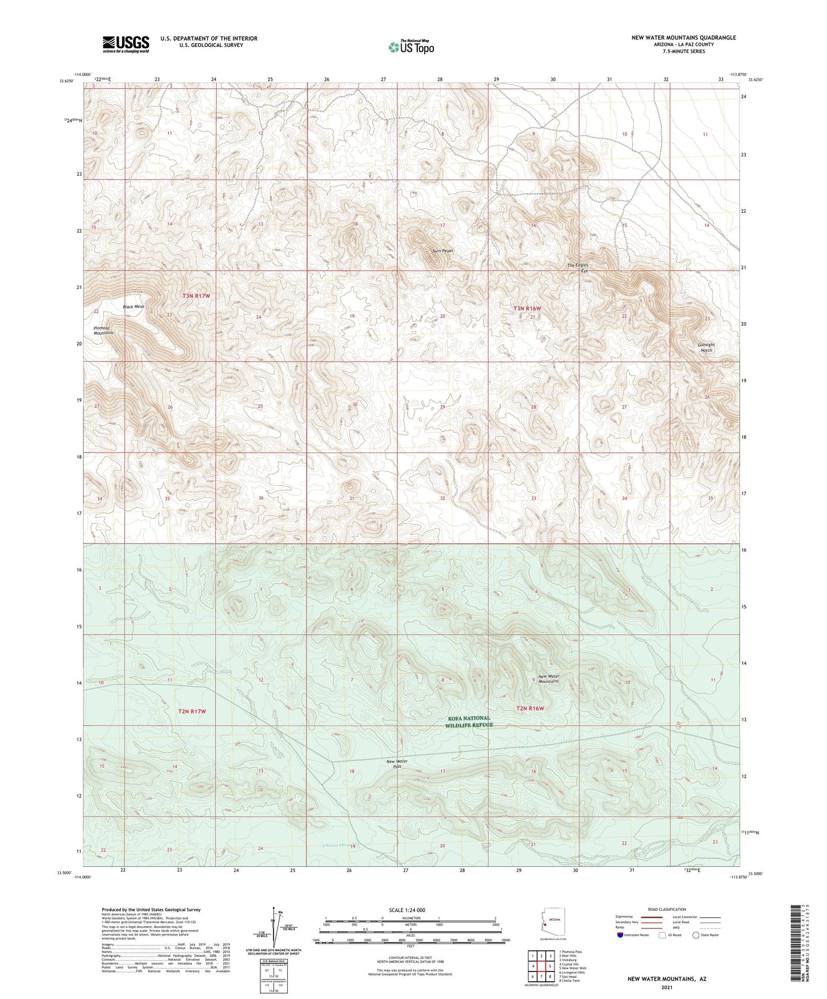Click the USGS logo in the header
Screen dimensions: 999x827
(x=126, y=43)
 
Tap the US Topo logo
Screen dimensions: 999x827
(x=411, y=47)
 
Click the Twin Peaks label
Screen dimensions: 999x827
(x=442, y=251)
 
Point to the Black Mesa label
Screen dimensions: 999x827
(x=133, y=307)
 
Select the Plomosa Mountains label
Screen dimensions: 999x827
(x=104, y=330)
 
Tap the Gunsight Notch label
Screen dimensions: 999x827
(x=706, y=347)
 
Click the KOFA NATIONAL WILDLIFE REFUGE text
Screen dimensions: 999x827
(x=469, y=721)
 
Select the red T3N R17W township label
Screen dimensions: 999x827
(x=196, y=296)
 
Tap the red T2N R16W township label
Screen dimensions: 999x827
(x=530, y=708)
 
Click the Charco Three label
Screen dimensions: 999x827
(x=337, y=846)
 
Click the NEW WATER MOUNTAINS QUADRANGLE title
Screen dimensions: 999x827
(x=683, y=38)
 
